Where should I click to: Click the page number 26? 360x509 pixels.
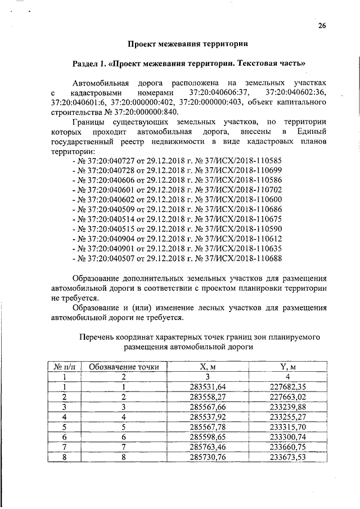[322, 25]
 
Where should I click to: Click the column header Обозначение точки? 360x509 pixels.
[124, 367]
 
